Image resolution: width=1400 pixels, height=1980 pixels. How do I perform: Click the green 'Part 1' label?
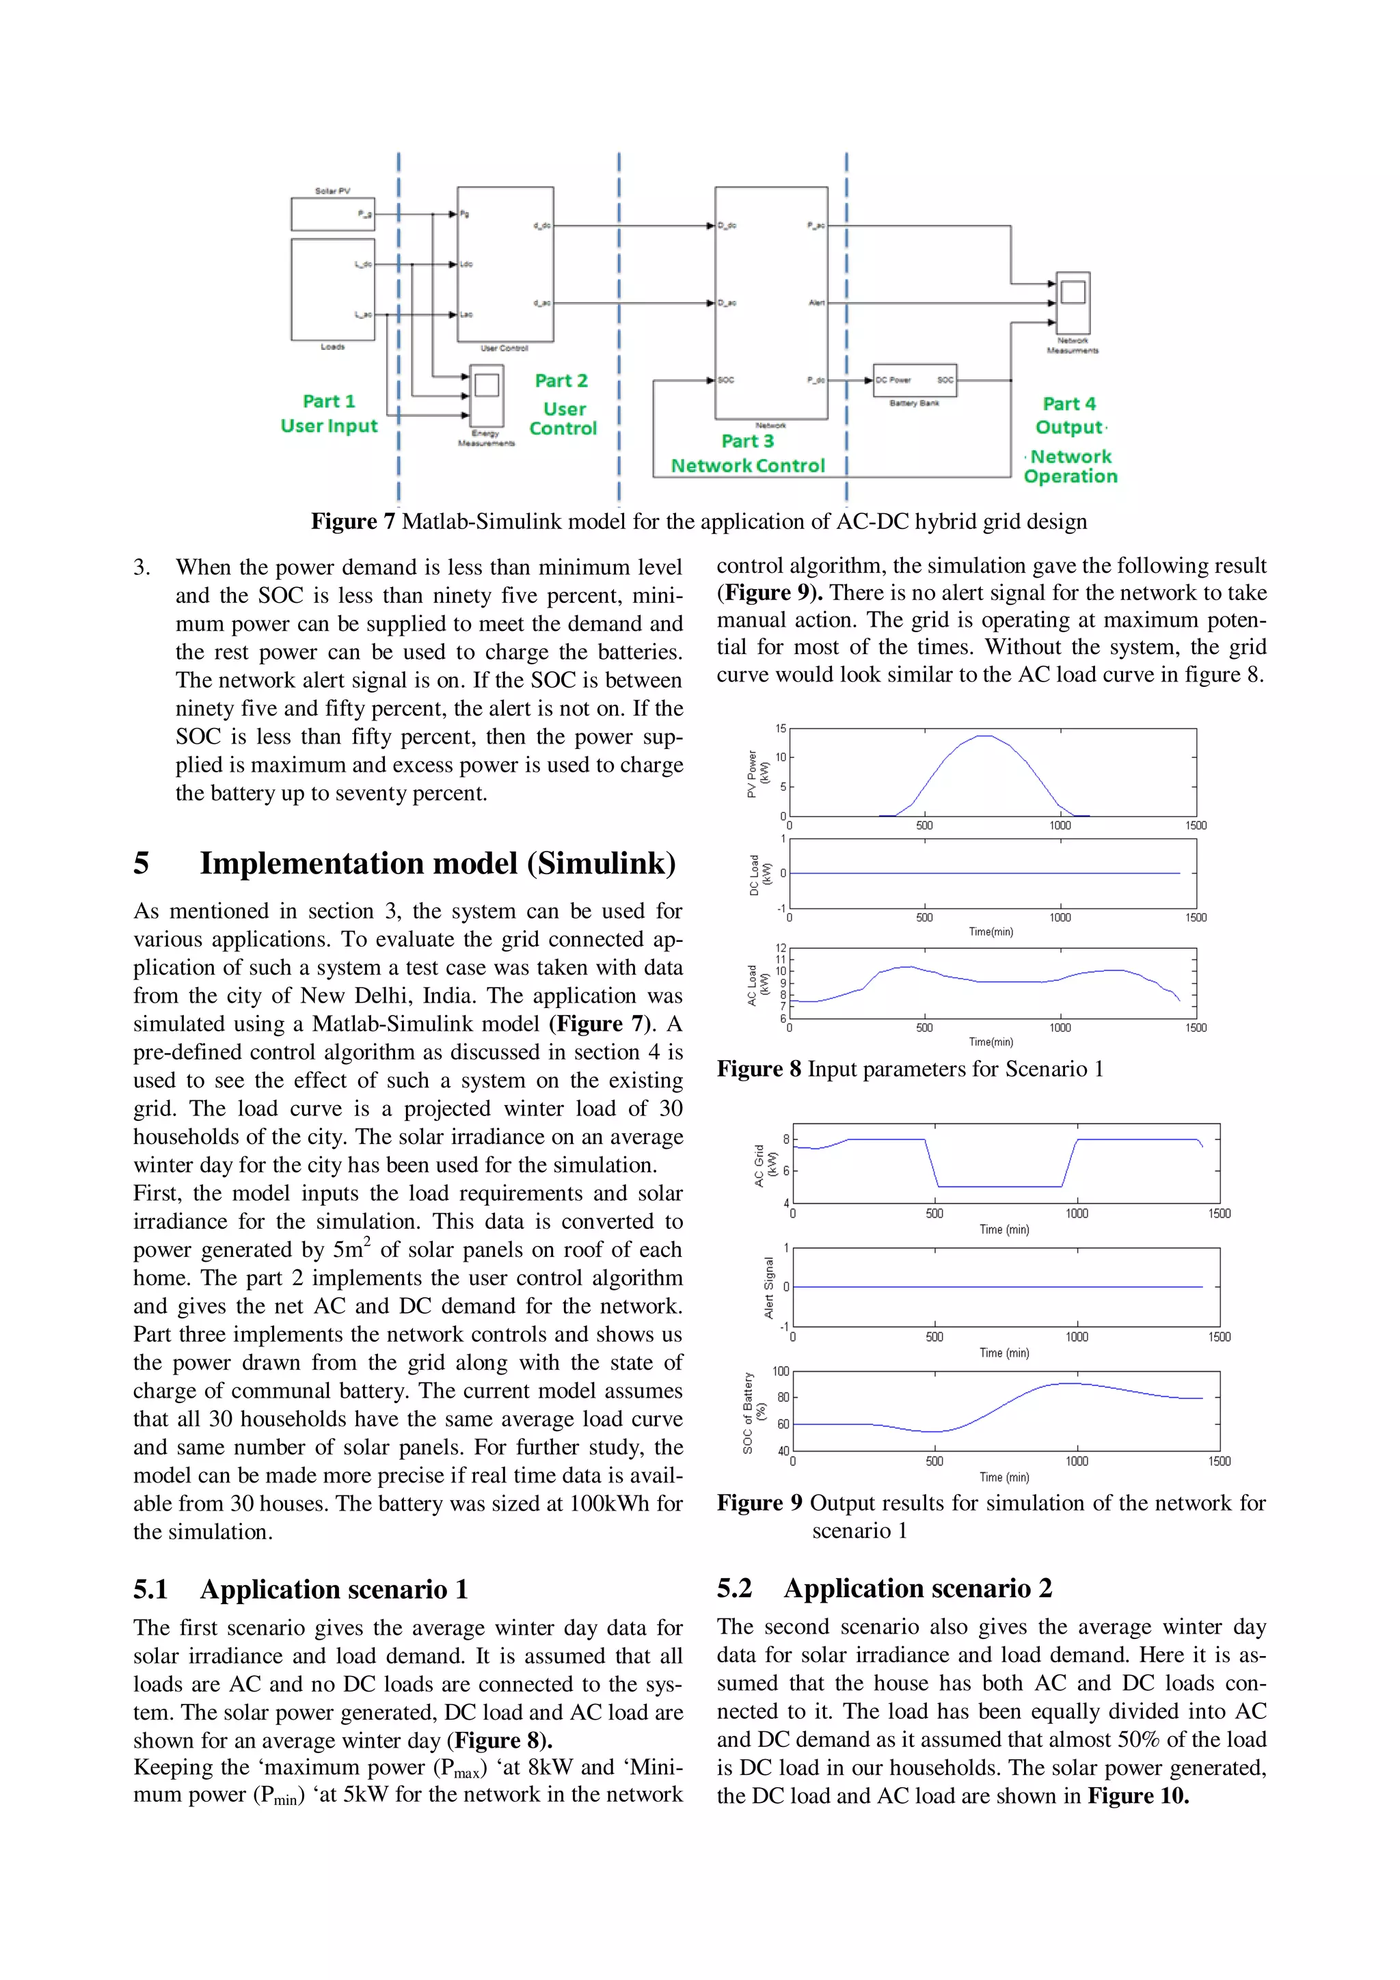tap(329, 401)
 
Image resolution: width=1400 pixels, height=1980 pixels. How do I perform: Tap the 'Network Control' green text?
tap(748, 465)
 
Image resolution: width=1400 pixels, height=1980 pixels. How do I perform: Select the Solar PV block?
tap(333, 214)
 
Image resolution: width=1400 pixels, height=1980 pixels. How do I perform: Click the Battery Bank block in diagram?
tap(915, 380)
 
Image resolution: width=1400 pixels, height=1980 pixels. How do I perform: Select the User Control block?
tap(505, 264)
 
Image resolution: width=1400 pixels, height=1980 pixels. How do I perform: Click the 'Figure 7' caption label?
tap(353, 521)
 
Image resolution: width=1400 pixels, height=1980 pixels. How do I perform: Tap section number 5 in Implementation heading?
tap(142, 863)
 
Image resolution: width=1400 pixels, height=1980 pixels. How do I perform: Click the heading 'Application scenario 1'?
tap(334, 1589)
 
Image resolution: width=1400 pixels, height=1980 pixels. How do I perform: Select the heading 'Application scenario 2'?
tap(918, 1588)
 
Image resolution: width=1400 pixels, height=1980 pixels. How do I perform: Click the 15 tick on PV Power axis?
tap(781, 729)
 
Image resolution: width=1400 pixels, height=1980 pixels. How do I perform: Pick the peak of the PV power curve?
tap(984, 735)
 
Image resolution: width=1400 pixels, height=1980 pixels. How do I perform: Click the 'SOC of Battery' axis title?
tap(749, 1413)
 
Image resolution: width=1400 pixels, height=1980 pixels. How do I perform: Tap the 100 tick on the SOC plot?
tap(780, 1371)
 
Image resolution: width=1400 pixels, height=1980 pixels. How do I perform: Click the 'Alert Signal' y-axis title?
tap(768, 1287)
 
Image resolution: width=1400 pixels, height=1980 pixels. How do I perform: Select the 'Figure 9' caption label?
tap(759, 1503)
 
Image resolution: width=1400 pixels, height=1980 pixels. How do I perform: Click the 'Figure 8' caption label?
tap(759, 1070)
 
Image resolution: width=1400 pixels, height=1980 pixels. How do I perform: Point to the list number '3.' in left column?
tap(142, 567)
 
